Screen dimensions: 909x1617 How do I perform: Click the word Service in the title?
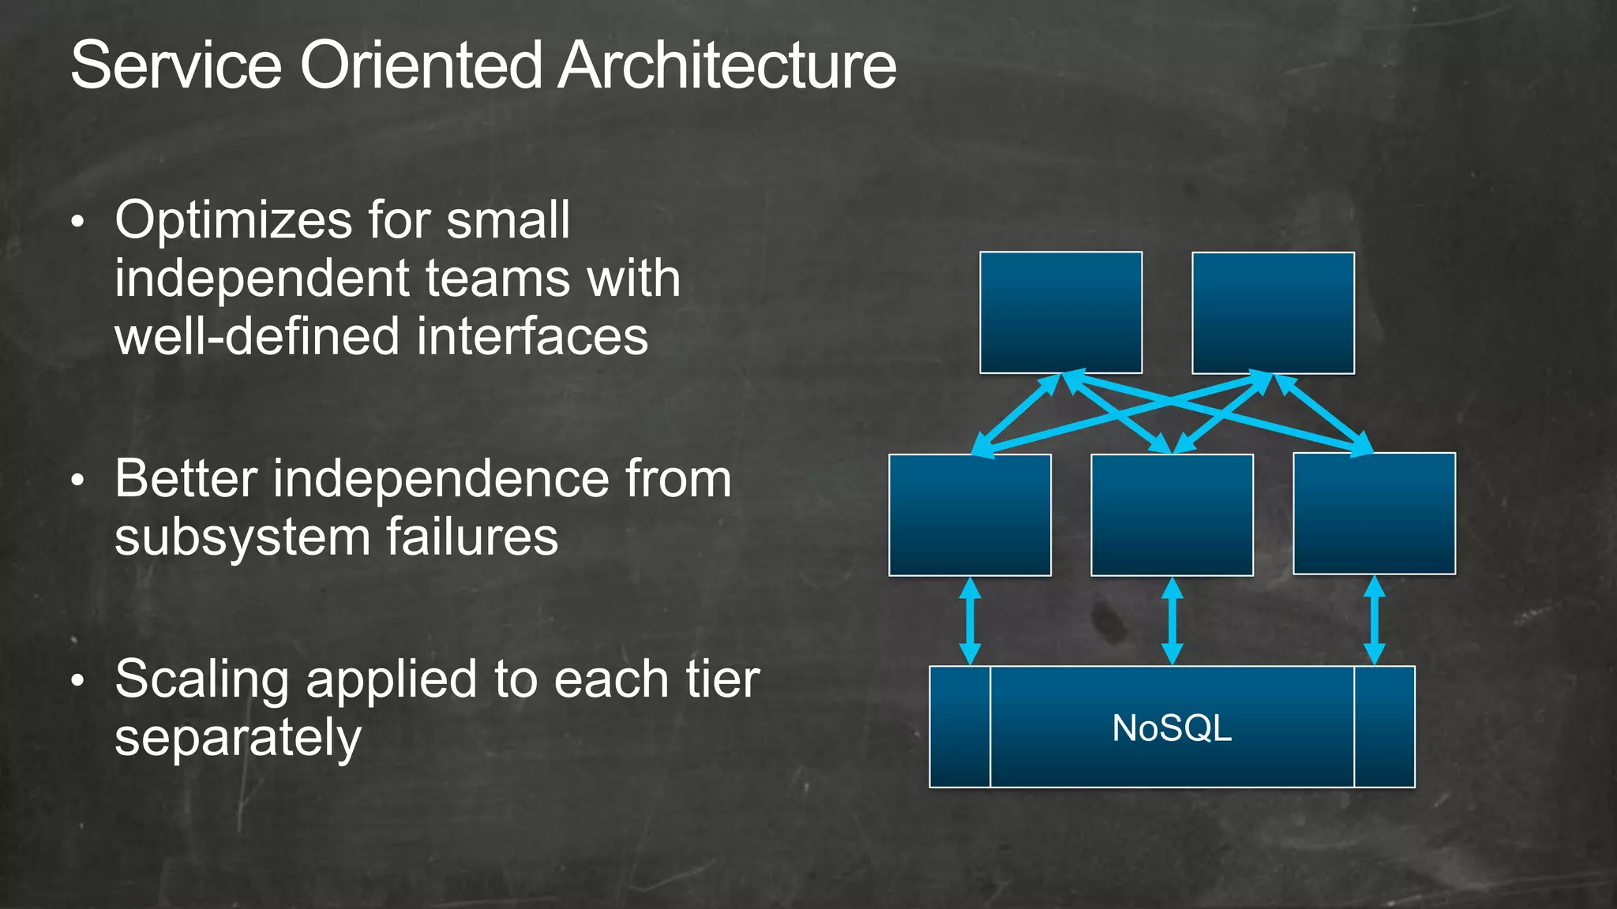coord(176,65)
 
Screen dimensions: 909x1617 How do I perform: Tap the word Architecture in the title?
coord(727,65)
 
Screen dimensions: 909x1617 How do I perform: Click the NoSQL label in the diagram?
coord(1172,728)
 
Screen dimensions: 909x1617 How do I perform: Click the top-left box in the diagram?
coord(1060,312)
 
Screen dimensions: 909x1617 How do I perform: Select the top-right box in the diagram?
coord(1273,312)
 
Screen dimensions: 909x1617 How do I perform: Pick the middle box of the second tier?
coord(1172,514)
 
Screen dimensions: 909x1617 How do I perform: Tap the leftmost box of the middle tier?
coord(970,514)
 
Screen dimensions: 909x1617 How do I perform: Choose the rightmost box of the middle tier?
coord(1374,514)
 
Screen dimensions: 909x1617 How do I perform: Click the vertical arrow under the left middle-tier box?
coord(970,621)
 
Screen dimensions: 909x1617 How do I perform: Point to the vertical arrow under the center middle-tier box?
coord(1172,621)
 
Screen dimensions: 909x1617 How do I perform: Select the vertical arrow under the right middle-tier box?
coord(1375,621)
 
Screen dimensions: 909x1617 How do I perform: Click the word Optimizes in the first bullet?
coord(232,221)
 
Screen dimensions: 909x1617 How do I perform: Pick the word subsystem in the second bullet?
coord(242,538)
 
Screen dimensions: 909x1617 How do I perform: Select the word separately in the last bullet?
coord(238,739)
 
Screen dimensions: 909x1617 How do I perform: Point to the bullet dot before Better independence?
coord(77,481)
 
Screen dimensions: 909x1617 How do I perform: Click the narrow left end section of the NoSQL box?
coord(960,727)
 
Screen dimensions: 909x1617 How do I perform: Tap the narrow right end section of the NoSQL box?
coord(1384,727)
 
